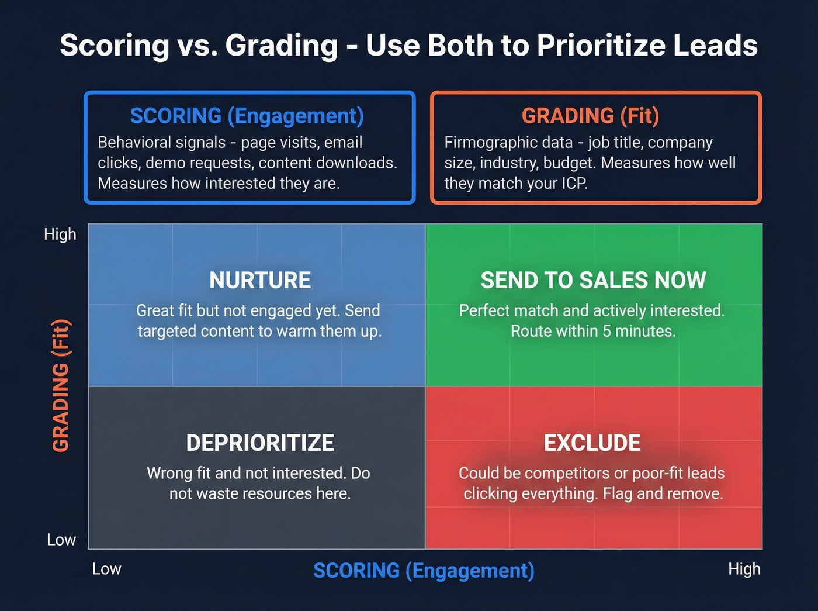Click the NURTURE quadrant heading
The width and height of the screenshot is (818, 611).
pos(260,281)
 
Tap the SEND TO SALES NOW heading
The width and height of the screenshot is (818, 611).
pos(593,281)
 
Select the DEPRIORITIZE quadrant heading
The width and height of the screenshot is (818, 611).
pos(260,443)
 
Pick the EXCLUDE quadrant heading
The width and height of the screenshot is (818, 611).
pos(592,443)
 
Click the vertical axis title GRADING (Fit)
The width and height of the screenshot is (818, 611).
pos(61,386)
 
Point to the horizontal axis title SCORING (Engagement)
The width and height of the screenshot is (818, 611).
pos(424,571)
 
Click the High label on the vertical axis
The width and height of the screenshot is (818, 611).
pos(60,234)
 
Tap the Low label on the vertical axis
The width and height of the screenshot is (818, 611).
pos(61,540)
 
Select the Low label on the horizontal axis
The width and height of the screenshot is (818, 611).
pos(107,569)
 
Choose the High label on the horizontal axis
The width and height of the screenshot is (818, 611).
pos(744,569)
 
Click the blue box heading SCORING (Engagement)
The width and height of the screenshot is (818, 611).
pos(247,116)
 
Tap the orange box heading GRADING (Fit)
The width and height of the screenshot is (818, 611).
pos(590,116)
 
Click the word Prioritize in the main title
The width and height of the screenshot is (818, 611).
pos(600,46)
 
